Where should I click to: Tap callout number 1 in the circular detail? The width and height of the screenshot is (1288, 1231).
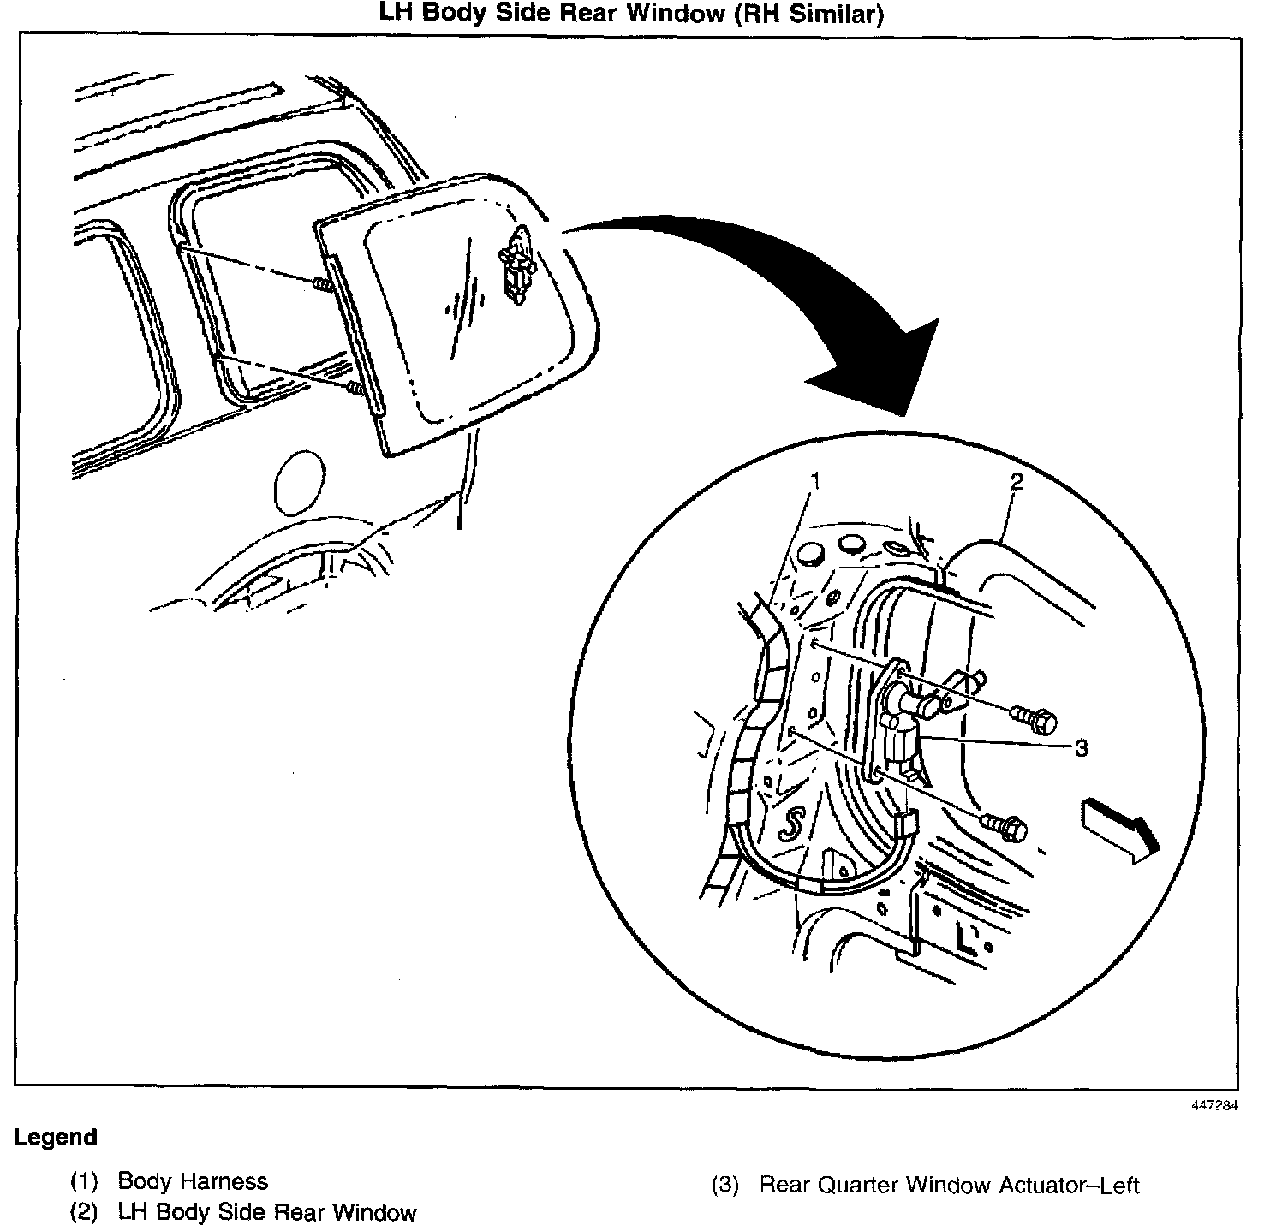click(x=815, y=480)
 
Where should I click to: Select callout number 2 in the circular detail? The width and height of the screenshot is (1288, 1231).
click(x=1017, y=481)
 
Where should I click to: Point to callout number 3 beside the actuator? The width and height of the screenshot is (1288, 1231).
click(x=1081, y=748)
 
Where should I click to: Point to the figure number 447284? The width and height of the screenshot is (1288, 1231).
click(x=1213, y=1105)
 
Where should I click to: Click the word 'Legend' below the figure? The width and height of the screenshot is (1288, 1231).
click(x=56, y=1138)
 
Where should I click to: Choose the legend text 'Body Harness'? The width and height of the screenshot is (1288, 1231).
click(x=193, y=1181)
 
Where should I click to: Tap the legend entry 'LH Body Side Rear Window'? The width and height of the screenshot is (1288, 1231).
click(x=267, y=1212)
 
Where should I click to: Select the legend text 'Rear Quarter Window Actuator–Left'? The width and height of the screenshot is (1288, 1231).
click(x=950, y=1186)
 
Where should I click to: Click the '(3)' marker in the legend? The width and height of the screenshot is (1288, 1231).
click(x=724, y=1186)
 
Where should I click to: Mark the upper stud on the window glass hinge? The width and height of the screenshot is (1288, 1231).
click(x=323, y=284)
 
